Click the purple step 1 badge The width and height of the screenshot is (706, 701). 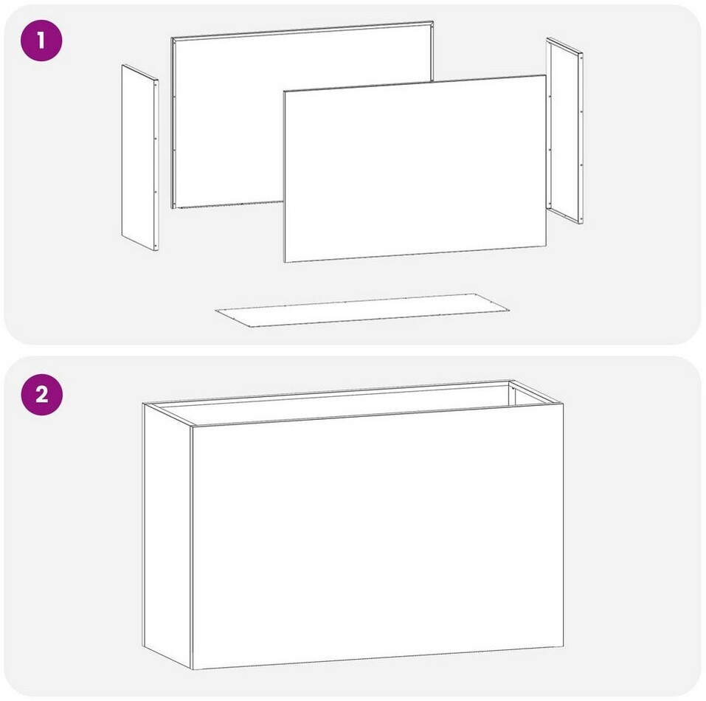pyautogui.click(x=41, y=41)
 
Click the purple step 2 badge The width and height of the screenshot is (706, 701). pyautogui.click(x=41, y=395)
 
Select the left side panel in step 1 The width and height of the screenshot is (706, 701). pyautogui.click(x=140, y=158)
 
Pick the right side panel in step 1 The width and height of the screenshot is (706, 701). pyautogui.click(x=564, y=131)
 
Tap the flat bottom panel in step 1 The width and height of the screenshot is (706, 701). pyautogui.click(x=362, y=310)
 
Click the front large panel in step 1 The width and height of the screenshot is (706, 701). pyautogui.click(x=415, y=168)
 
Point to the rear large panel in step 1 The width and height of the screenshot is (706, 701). pyautogui.click(x=302, y=115)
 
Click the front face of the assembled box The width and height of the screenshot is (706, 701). pyautogui.click(x=377, y=537)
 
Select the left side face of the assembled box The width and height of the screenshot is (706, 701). pyautogui.click(x=167, y=535)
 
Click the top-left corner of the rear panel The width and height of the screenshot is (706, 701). pyautogui.click(x=172, y=38)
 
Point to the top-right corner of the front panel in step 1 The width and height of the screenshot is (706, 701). pyautogui.click(x=546, y=76)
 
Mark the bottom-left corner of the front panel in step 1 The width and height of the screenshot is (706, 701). pyautogui.click(x=284, y=262)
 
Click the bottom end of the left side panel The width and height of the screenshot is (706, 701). pyautogui.click(x=156, y=251)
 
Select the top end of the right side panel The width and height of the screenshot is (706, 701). pyautogui.click(x=547, y=38)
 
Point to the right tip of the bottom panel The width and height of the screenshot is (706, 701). pyautogui.click(x=509, y=310)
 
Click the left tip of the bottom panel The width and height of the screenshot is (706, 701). pyautogui.click(x=215, y=310)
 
